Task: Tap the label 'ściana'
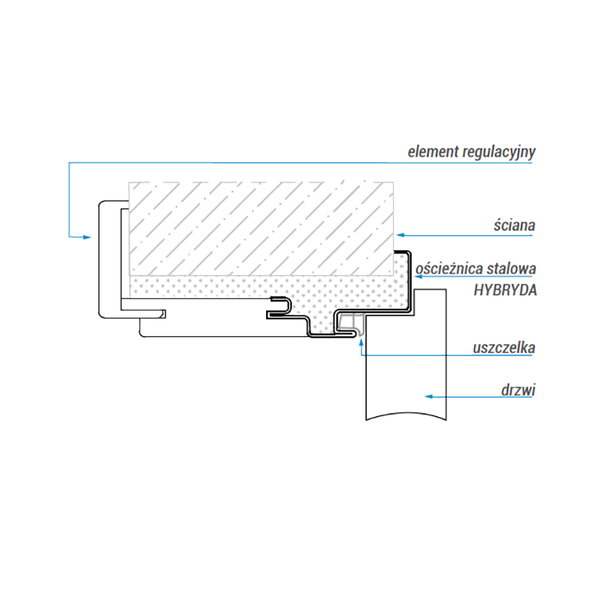pyautogui.click(x=514, y=226)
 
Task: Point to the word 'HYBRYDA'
pyautogui.click(x=505, y=290)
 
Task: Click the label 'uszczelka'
pyautogui.click(x=504, y=348)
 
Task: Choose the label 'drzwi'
pyautogui.click(x=518, y=390)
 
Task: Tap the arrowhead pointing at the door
pyautogui.click(x=429, y=397)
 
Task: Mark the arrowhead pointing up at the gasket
pyautogui.click(x=361, y=342)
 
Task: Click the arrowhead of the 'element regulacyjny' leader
pyautogui.click(x=87, y=237)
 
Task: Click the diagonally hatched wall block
pyautogui.click(x=261, y=229)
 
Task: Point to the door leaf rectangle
pyautogui.click(x=406, y=354)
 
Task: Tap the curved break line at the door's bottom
pyautogui.click(x=406, y=416)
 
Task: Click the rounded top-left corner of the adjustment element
pyautogui.click(x=102, y=203)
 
